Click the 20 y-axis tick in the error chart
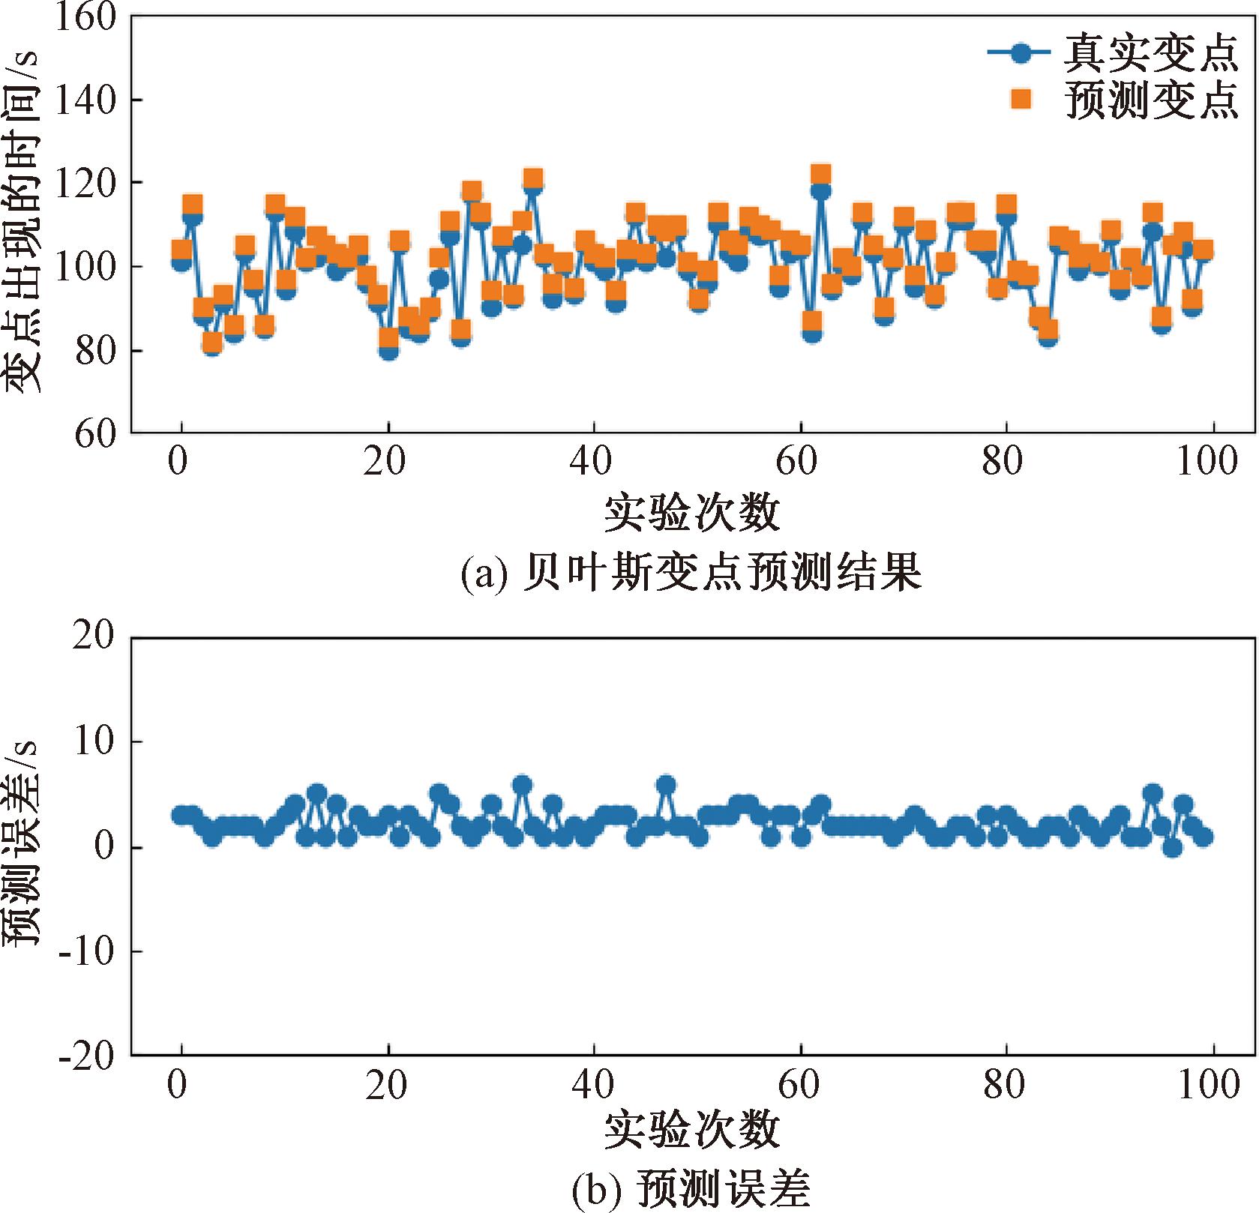point(94,637)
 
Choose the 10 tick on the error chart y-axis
point(94,742)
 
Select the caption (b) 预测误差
point(690,1191)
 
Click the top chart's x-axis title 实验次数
point(691,513)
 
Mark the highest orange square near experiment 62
point(821,175)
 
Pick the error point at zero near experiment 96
point(1173,848)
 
